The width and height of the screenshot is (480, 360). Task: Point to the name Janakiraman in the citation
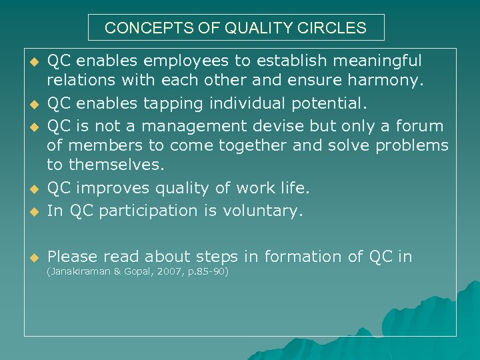click(78, 272)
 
